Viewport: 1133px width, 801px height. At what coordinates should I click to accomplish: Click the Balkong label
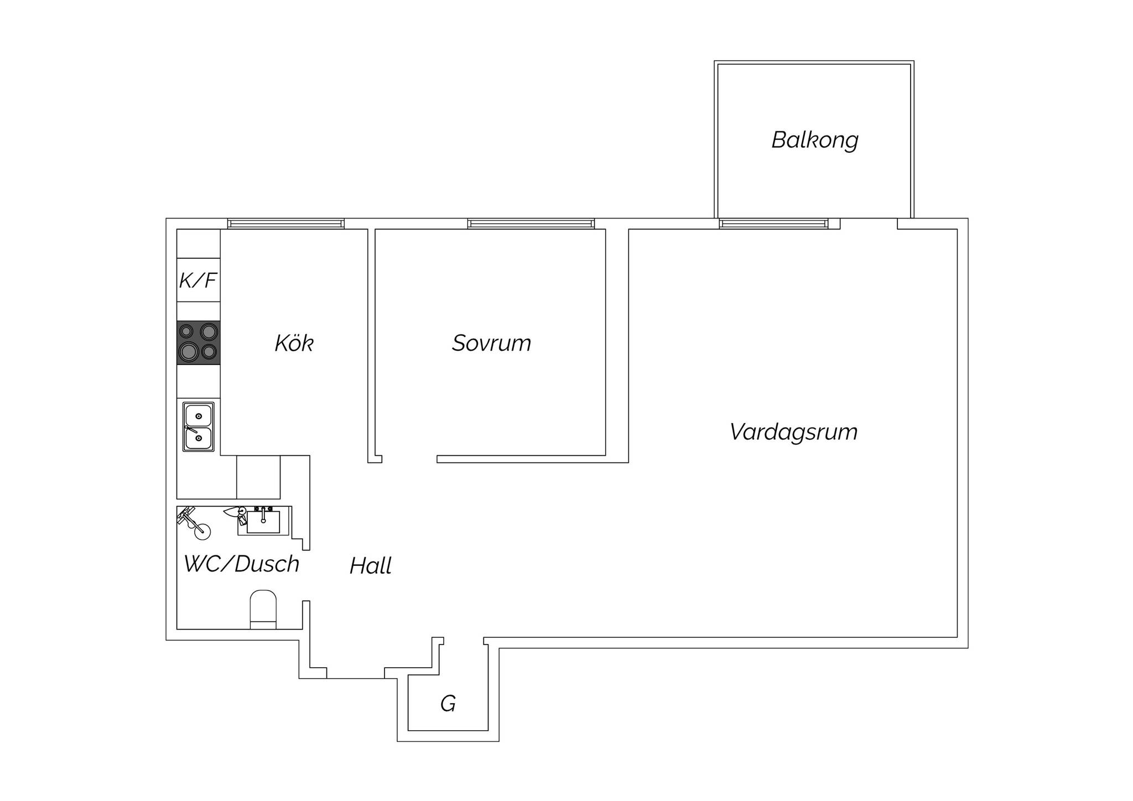815,140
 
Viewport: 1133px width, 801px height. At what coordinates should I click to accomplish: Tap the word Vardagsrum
793,432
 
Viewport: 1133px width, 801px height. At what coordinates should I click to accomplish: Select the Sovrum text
491,343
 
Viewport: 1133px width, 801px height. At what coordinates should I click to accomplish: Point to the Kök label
294,343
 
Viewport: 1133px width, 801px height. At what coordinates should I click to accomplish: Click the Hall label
371,566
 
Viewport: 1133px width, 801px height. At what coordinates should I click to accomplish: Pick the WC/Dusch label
242,564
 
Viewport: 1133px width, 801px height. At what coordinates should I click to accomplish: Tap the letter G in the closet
448,704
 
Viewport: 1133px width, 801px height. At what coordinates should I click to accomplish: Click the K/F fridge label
198,280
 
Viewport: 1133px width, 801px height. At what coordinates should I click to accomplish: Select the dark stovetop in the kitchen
199,342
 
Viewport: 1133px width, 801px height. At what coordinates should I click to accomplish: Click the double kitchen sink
199,426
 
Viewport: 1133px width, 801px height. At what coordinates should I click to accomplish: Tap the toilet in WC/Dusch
263,610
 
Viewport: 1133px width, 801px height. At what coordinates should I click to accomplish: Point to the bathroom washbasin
263,521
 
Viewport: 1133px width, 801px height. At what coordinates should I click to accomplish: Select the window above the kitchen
286,223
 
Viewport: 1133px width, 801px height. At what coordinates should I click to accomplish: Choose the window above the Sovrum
531,223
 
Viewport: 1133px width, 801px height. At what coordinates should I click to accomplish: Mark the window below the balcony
774,223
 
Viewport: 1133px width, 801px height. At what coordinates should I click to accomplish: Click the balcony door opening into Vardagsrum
869,223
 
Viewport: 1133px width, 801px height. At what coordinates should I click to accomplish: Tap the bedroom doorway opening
409,459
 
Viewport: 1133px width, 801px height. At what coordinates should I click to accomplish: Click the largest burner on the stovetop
189,351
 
